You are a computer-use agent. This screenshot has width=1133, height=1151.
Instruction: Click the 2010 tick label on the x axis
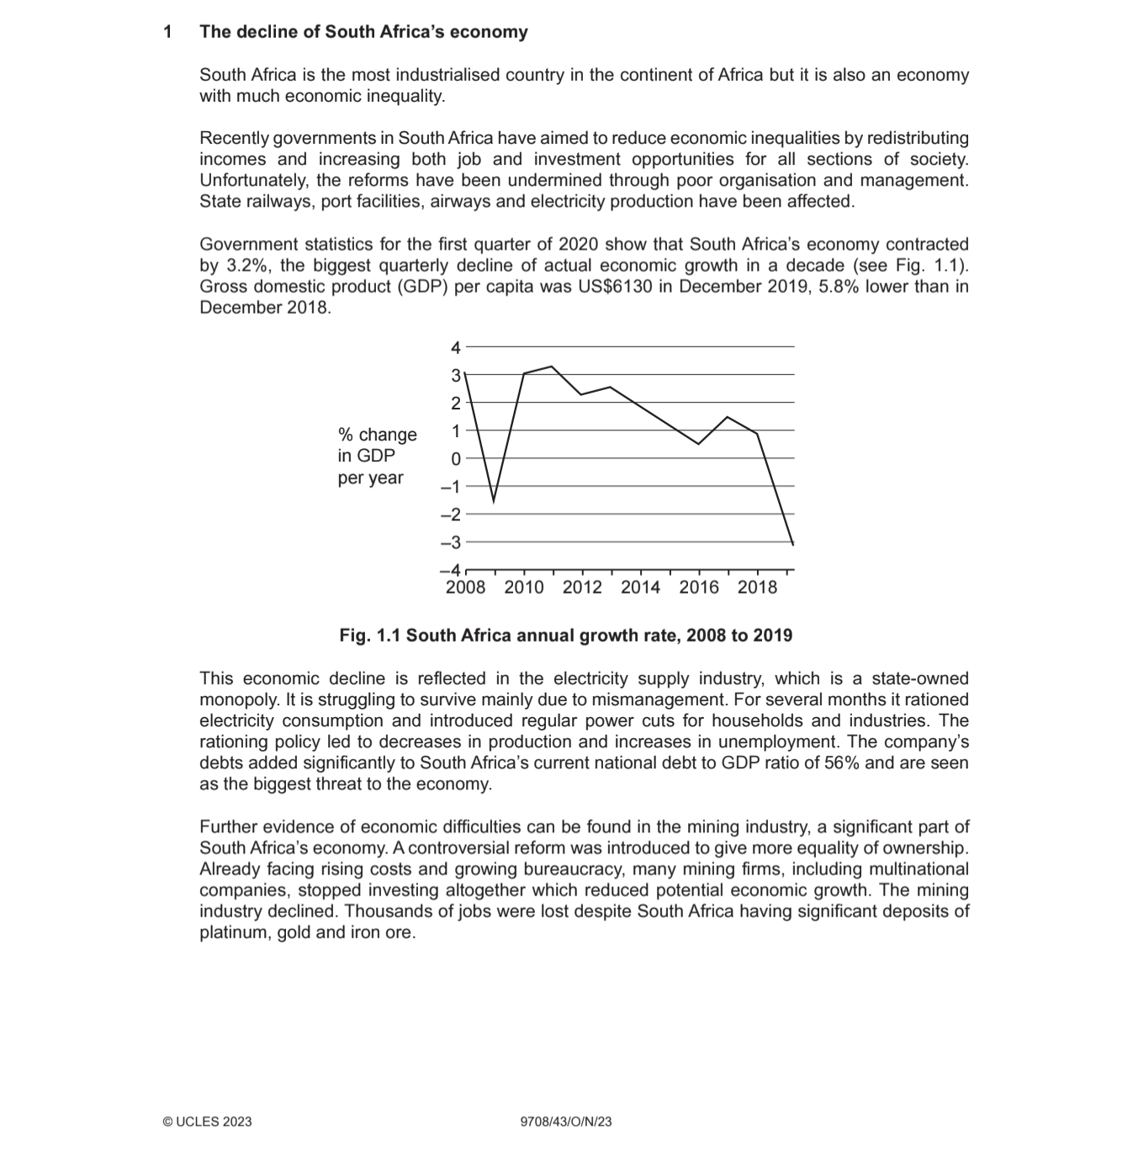(523, 588)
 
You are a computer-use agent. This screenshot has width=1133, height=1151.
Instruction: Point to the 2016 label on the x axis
(698, 588)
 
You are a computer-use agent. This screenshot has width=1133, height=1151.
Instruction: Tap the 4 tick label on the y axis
(455, 347)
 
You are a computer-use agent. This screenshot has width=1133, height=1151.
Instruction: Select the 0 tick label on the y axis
(455, 459)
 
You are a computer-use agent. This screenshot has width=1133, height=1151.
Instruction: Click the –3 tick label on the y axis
(451, 543)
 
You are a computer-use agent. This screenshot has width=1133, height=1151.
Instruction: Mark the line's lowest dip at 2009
(494, 501)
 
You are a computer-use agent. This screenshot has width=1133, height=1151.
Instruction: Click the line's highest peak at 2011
(552, 367)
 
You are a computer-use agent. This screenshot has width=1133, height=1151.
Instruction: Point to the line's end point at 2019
(792, 543)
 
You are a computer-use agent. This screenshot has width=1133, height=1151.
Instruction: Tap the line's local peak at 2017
(728, 417)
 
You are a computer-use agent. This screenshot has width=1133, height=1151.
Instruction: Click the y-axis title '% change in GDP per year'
(377, 456)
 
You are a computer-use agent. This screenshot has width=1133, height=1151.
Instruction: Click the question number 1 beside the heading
(168, 32)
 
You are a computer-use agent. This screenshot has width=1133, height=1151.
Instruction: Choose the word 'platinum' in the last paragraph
(232, 932)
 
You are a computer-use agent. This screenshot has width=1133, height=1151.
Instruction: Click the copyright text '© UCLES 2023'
(207, 1121)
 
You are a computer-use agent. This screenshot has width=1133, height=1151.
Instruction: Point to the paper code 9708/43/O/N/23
(566, 1121)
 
